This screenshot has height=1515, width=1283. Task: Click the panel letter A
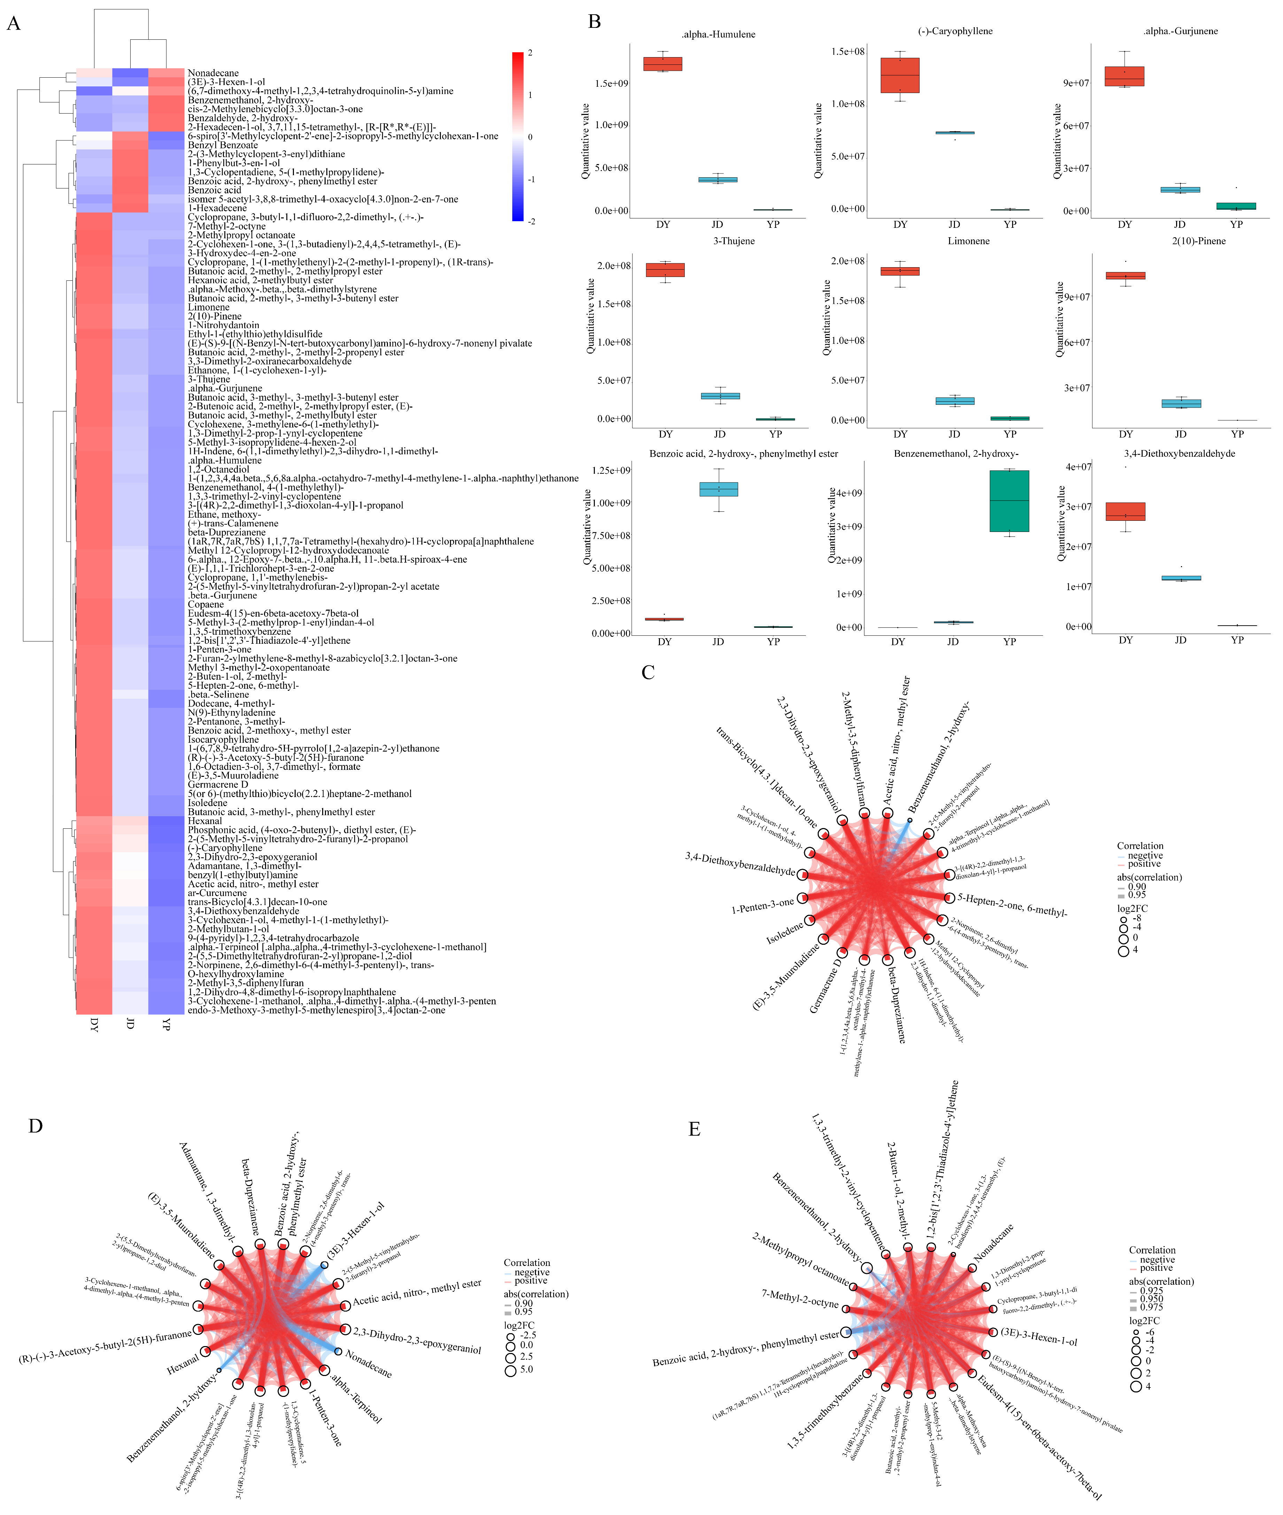pyautogui.click(x=13, y=24)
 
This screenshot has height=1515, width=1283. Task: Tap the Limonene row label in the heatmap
pyautogui.click(x=209, y=307)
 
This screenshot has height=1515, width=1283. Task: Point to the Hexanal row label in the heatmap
pyautogui.click(x=205, y=820)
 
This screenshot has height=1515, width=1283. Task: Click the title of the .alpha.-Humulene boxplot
pyautogui.click(x=718, y=34)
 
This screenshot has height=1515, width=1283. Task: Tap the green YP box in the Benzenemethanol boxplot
pyautogui.click(x=1009, y=501)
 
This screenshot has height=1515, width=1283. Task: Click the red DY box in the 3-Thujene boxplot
pyautogui.click(x=666, y=270)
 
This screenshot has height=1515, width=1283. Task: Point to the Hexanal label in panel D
pyautogui.click(x=182, y=1365)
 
